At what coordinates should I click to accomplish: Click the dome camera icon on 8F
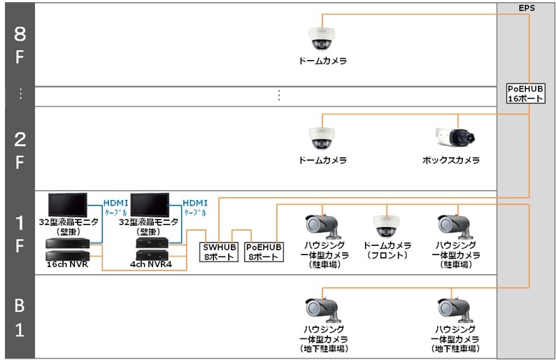[x=320, y=38]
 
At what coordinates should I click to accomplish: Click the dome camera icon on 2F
[x=320, y=138]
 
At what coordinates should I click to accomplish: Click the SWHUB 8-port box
[x=220, y=251]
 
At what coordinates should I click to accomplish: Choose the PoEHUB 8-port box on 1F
[x=264, y=251]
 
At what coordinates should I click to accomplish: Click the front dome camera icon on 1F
[x=387, y=224]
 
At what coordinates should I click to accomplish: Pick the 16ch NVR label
[x=67, y=266]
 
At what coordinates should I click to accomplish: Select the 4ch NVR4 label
[x=151, y=266]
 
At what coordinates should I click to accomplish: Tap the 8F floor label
[x=19, y=45]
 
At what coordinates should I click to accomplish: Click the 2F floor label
[x=19, y=148]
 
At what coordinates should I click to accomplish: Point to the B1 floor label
[x=19, y=317]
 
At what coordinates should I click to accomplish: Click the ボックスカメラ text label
[x=450, y=161]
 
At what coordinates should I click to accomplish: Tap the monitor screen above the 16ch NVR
[x=68, y=206]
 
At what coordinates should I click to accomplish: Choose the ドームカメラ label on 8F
[x=322, y=62]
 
